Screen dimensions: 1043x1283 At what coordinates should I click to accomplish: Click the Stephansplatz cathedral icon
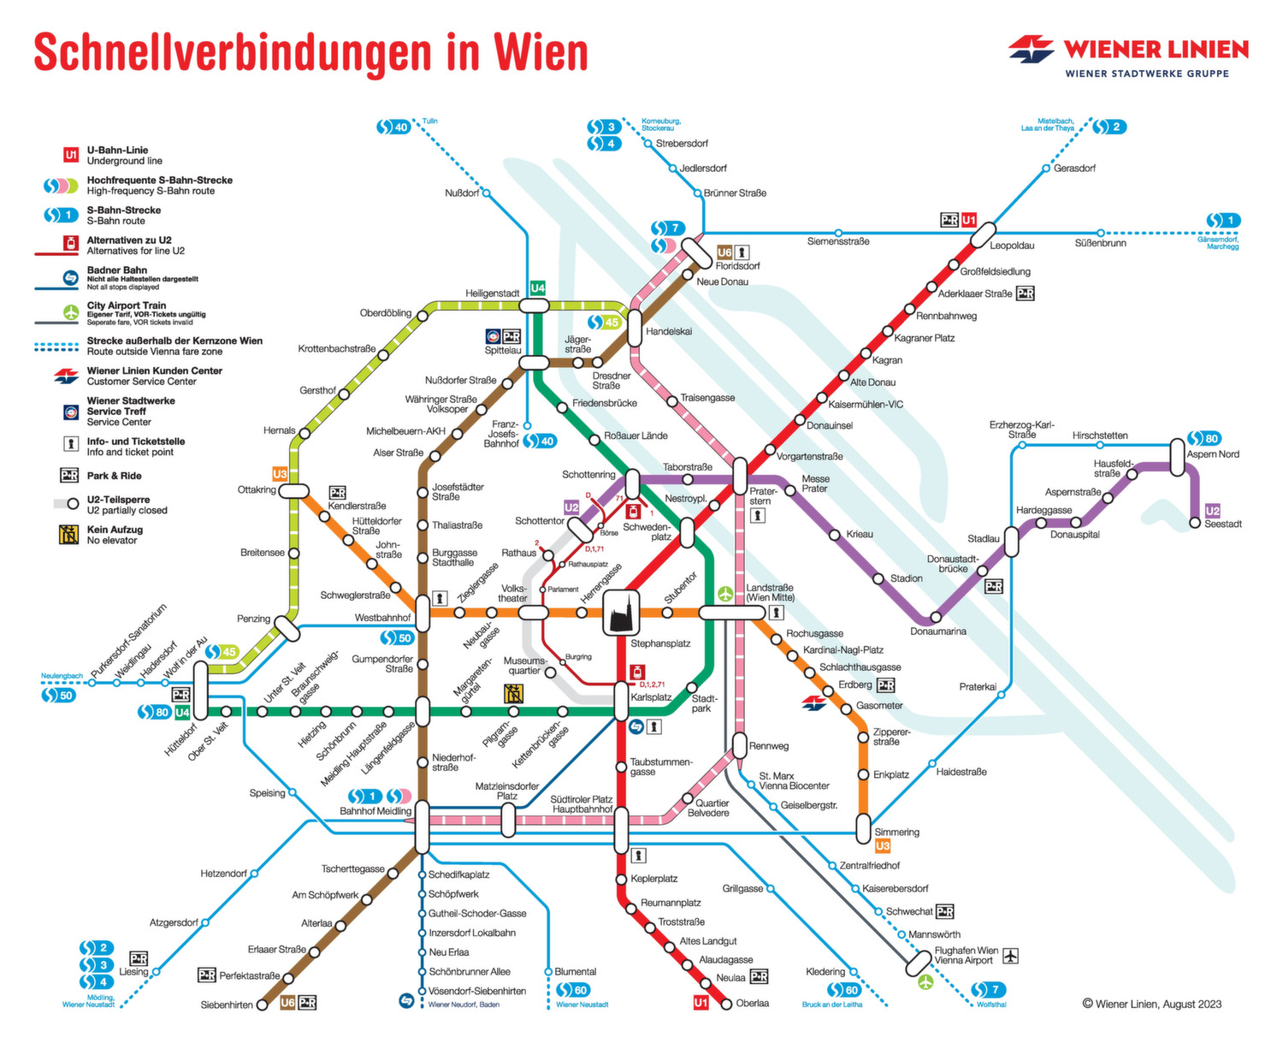click(621, 613)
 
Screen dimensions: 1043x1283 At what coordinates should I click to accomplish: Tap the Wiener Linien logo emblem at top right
click(1031, 49)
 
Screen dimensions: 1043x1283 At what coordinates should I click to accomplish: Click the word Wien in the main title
click(541, 53)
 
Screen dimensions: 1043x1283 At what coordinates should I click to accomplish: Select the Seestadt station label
click(1222, 524)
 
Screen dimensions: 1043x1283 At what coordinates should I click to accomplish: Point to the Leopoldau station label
click(1012, 246)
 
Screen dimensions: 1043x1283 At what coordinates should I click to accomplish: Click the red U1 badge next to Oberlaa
click(701, 1003)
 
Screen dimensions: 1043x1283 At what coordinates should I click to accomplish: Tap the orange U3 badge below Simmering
click(883, 846)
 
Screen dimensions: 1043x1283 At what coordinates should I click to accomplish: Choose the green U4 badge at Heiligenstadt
click(537, 288)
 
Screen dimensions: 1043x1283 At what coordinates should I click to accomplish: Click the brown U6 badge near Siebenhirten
click(288, 1003)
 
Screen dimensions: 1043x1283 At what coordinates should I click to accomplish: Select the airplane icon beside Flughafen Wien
click(1011, 955)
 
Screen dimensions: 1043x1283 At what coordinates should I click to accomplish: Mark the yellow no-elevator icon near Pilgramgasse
click(513, 694)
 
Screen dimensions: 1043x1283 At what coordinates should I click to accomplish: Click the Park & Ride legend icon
click(69, 476)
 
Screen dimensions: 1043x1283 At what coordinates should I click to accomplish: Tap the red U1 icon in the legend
click(71, 155)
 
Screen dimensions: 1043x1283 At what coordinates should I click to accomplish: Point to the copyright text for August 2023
click(1151, 1004)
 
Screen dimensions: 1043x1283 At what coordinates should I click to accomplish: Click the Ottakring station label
click(257, 490)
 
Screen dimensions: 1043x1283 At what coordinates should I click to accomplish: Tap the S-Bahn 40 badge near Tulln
click(393, 127)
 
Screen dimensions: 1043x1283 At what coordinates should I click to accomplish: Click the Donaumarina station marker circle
click(936, 617)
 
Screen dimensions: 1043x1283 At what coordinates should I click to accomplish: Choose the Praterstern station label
click(764, 496)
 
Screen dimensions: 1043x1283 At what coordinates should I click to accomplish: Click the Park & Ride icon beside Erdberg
click(886, 685)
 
